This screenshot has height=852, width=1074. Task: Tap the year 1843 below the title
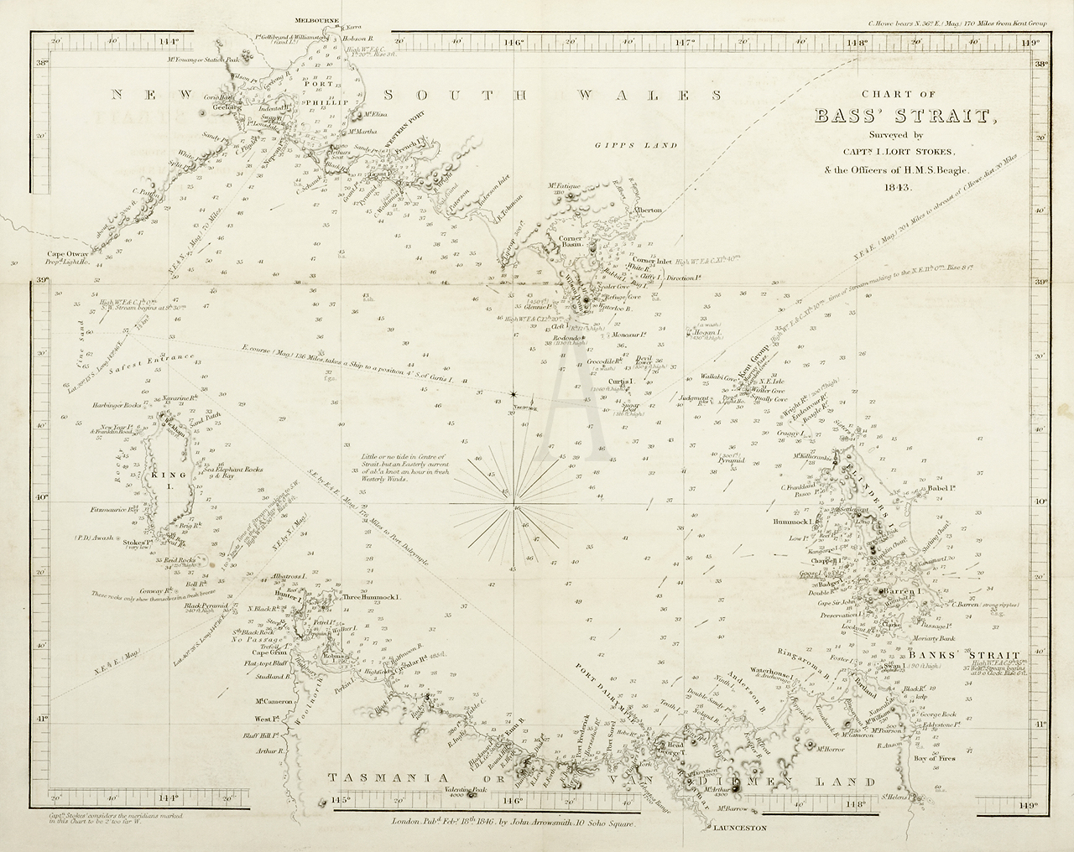(897, 187)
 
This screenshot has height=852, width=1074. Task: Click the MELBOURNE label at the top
(315, 18)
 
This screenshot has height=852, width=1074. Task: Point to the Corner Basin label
(576, 242)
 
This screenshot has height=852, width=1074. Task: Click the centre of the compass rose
(515, 507)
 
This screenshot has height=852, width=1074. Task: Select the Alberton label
(649, 210)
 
